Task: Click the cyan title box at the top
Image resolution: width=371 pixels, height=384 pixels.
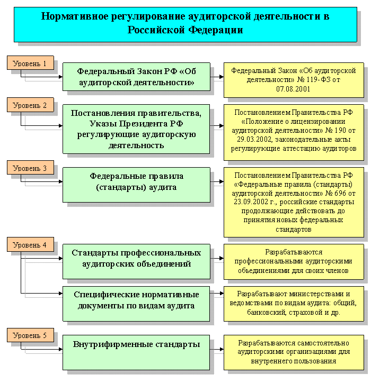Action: pyautogui.click(x=185, y=23)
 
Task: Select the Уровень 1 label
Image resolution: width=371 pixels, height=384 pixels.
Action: pyautogui.click(x=30, y=63)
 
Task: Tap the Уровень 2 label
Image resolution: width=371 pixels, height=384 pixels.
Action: pyautogui.click(x=30, y=105)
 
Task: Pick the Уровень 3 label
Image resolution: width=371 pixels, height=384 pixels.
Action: pyautogui.click(x=30, y=168)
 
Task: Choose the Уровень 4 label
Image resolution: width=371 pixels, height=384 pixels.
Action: pyautogui.click(x=30, y=245)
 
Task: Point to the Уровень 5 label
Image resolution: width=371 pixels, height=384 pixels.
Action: pyautogui.click(x=30, y=335)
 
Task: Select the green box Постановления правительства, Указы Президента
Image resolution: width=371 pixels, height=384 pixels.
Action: pyautogui.click(x=136, y=129)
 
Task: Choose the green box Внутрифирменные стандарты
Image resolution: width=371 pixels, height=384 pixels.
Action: pyautogui.click(x=136, y=344)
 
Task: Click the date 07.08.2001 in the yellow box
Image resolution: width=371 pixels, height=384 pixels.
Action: pyautogui.click(x=293, y=89)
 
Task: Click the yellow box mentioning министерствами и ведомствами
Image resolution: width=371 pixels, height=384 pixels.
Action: pyautogui.click(x=293, y=303)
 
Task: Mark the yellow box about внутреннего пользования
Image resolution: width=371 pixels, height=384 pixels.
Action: pyautogui.click(x=293, y=352)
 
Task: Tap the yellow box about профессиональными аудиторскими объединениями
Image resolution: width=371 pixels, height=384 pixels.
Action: pyautogui.click(x=293, y=261)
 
